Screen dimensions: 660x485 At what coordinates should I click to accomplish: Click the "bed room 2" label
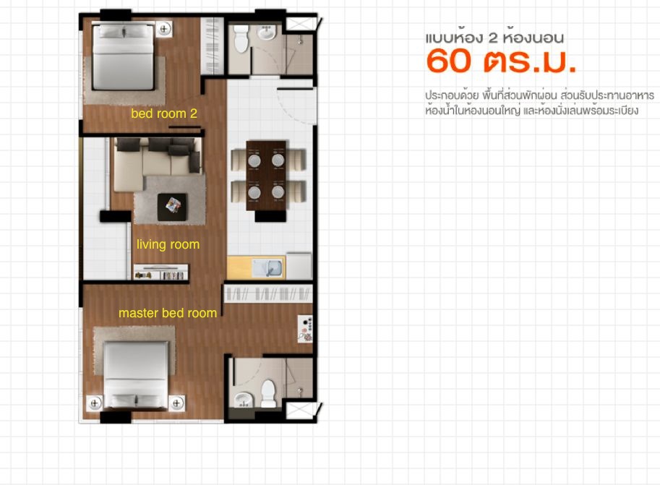(x=164, y=113)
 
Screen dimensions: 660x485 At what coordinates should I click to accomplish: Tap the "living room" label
(x=168, y=244)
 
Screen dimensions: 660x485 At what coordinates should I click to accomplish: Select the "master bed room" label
(x=168, y=313)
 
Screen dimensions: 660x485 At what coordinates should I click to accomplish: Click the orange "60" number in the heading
(x=448, y=61)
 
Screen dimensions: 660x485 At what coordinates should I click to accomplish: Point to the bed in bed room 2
(x=123, y=56)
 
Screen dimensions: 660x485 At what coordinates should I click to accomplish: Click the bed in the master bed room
(x=136, y=375)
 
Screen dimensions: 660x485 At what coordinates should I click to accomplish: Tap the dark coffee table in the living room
(x=172, y=207)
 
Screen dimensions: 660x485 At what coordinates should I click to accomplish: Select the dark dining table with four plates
(x=266, y=176)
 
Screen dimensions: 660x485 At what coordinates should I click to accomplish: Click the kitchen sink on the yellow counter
(x=268, y=268)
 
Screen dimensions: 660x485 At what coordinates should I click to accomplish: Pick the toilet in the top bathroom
(x=241, y=38)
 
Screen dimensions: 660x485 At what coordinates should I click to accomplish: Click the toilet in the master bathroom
(x=268, y=394)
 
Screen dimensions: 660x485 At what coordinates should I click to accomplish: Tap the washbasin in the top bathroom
(x=267, y=32)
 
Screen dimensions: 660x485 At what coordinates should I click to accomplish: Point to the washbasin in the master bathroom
(x=243, y=400)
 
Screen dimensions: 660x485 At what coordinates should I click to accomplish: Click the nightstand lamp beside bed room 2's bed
(x=164, y=29)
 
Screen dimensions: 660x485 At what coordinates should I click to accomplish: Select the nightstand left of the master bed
(x=94, y=403)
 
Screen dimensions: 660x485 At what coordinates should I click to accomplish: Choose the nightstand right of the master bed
(x=177, y=403)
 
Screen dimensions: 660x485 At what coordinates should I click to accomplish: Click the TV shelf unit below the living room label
(x=160, y=272)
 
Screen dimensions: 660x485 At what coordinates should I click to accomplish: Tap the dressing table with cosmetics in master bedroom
(x=305, y=329)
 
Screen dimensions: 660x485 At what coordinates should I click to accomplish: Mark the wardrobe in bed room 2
(x=212, y=46)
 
